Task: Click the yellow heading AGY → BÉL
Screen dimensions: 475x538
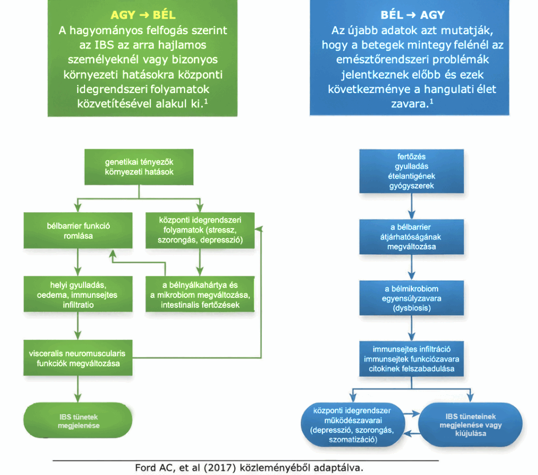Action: pos(142,15)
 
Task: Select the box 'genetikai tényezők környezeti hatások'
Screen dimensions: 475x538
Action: pos(139,167)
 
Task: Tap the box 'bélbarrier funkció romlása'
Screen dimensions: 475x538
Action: pos(78,231)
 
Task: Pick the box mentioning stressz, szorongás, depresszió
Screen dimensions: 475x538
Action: pos(200,230)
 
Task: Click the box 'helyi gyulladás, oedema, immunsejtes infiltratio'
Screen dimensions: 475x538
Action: pos(78,295)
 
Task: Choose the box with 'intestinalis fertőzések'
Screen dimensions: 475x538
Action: pos(200,295)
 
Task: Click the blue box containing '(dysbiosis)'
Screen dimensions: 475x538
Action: pos(412,298)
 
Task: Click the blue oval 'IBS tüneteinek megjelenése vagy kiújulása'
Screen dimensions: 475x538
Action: pos(470,425)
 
